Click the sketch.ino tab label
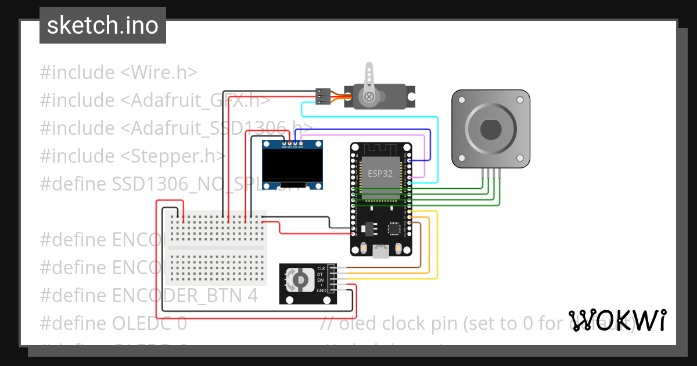(102, 26)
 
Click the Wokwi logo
(617, 320)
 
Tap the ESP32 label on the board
(380, 173)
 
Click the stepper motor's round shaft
(491, 129)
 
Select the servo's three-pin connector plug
(323, 96)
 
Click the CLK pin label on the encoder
(321, 268)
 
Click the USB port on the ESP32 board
(381, 251)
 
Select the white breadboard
(216, 248)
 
